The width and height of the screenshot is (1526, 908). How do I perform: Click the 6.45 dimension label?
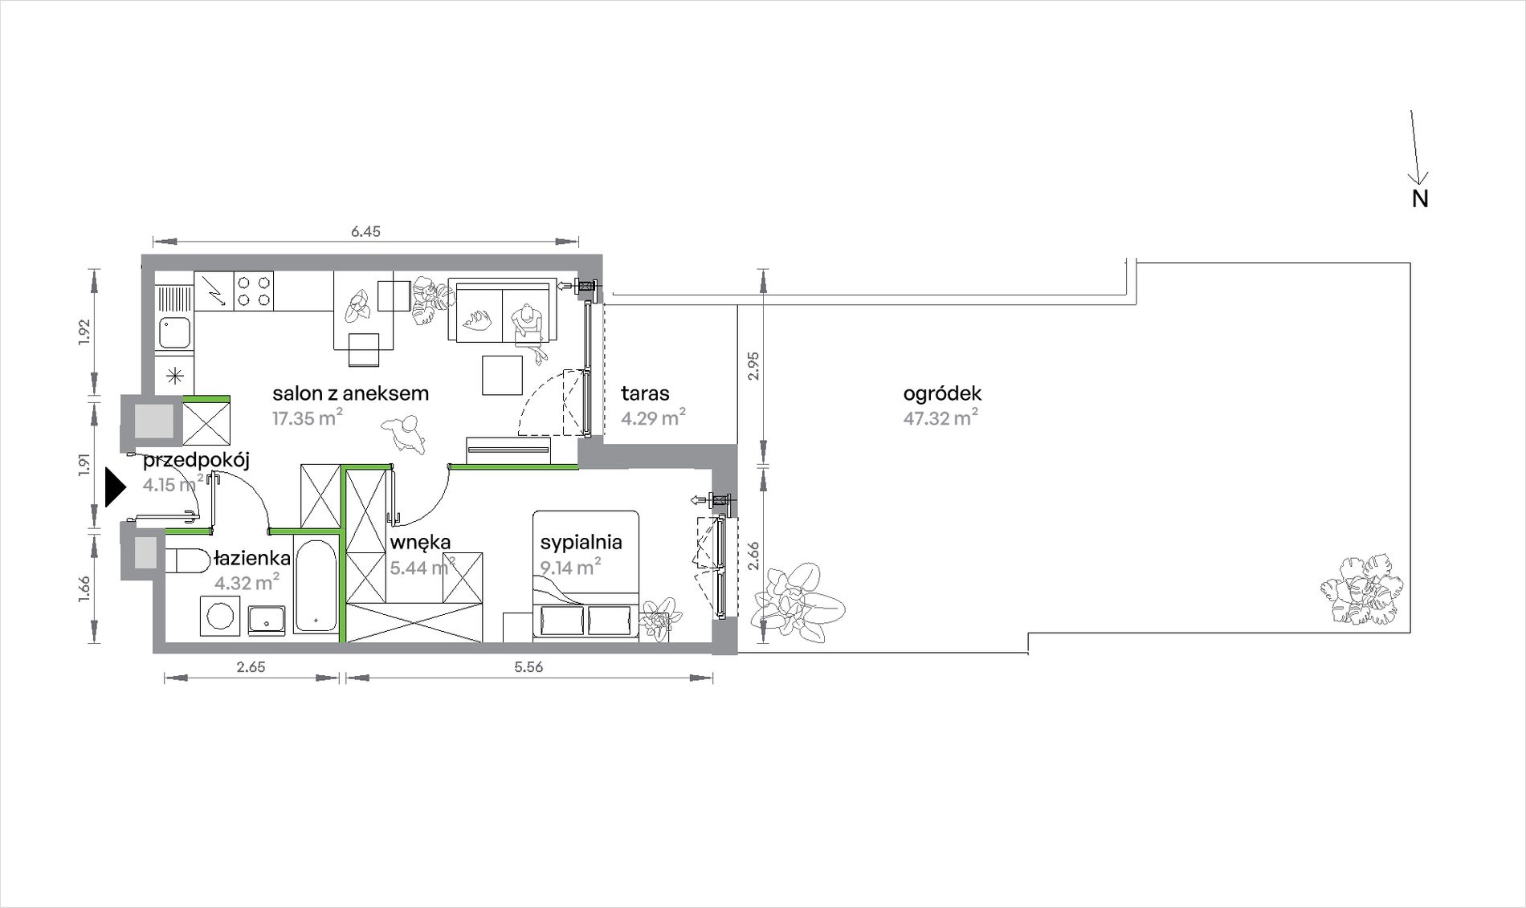[x=365, y=231]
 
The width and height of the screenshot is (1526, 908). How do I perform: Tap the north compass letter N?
[x=1420, y=199]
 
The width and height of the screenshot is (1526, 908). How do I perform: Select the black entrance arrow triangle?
[x=116, y=488]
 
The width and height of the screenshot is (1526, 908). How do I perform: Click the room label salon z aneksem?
[x=350, y=393]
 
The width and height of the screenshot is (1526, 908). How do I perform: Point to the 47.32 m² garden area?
[x=940, y=417]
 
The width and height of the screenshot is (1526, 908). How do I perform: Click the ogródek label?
[x=942, y=394]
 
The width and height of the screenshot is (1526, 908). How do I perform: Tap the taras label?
[x=645, y=393]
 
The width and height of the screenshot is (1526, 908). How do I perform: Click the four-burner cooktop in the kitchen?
[x=254, y=291]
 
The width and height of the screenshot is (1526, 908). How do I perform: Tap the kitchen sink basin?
[x=174, y=332]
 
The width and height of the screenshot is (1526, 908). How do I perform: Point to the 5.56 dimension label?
[x=528, y=666]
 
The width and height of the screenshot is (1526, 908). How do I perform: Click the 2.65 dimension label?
[x=251, y=666]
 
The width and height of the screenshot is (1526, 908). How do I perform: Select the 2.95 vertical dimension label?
[x=753, y=366]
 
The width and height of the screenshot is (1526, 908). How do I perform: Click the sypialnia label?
[x=581, y=543]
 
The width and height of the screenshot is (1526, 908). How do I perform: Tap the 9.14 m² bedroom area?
[x=571, y=567]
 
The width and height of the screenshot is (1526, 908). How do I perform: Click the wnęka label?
[x=420, y=543]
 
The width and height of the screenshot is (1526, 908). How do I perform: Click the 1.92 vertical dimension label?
[x=85, y=332]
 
